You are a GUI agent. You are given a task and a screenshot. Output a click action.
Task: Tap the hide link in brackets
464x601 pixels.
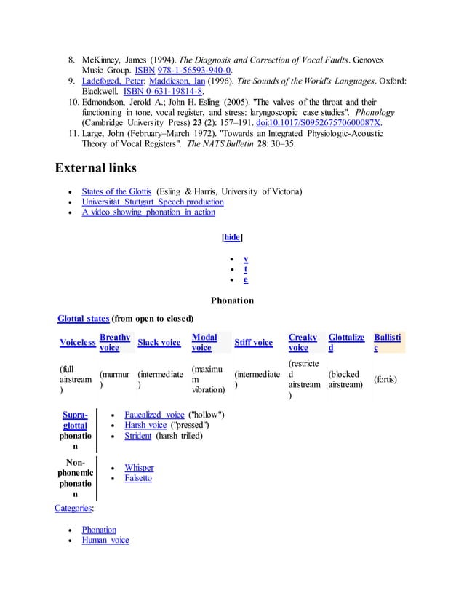pos(231,237)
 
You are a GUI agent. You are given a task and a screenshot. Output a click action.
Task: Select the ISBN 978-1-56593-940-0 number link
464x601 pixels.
pos(193,70)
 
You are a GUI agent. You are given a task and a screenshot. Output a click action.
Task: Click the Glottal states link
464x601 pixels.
pos(83,318)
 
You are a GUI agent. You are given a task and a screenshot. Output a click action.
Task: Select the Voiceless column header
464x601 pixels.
pos(77,343)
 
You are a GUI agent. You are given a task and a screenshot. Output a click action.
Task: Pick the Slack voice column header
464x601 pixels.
pos(159,343)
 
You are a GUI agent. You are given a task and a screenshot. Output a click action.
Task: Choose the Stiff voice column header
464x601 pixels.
pos(253,343)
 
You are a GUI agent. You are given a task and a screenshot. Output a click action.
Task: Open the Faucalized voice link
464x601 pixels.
pos(154,415)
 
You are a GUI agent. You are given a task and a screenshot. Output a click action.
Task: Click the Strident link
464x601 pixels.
pos(138,436)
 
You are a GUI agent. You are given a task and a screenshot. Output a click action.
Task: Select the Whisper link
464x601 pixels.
pos(139,468)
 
